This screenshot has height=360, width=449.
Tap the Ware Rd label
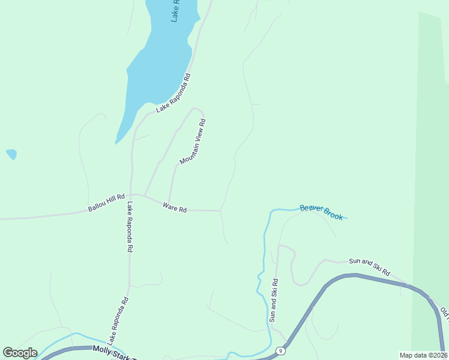[175, 207]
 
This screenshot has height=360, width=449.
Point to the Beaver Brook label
[321, 212]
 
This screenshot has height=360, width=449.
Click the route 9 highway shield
[280, 350]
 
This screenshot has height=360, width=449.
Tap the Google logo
[20, 353]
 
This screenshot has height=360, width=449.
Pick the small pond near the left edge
[11, 154]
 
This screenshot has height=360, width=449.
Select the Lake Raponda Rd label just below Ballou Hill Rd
[130, 227]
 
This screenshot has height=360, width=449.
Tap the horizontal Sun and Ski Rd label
[370, 266]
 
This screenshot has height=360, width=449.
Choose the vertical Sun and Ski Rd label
[274, 300]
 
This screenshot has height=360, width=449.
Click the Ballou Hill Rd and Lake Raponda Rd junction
[131, 194]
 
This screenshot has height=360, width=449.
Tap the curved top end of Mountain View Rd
[196, 109]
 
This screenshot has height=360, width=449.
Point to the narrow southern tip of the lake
[117, 142]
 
